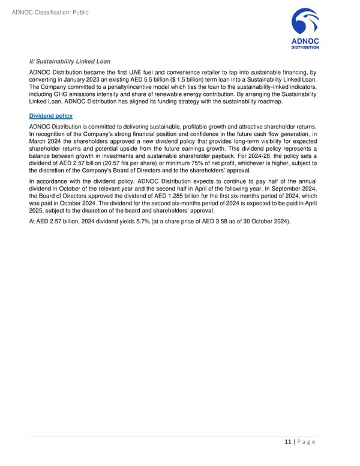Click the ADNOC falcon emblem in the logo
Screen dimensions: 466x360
(x=304, y=23)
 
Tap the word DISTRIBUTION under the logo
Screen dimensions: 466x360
(x=305, y=47)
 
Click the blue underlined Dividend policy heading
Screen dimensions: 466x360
(x=51, y=116)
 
